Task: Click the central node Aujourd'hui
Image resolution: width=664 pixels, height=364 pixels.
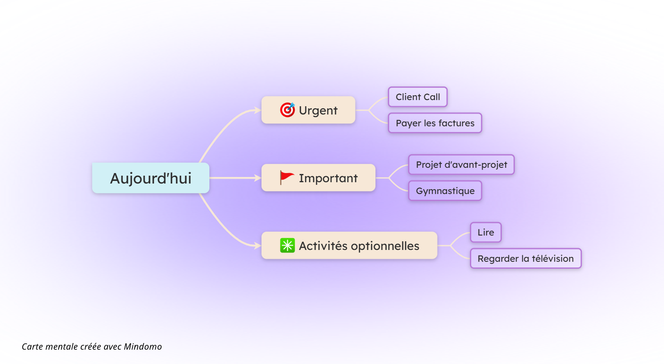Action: [150, 178]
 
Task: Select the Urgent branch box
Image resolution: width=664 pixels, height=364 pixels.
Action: [308, 110]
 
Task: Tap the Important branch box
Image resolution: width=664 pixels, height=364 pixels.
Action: [318, 178]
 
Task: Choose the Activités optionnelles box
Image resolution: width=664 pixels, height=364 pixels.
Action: [349, 246]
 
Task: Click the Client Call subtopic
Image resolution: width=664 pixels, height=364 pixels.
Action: [417, 97]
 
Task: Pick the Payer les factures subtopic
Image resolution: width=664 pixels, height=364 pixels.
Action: [435, 123]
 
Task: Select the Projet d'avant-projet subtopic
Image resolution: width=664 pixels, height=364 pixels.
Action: [461, 165]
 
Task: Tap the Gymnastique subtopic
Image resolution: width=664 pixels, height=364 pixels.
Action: [445, 191]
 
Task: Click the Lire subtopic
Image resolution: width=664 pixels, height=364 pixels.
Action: [486, 232]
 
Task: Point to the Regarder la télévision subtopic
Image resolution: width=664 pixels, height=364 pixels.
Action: [525, 259]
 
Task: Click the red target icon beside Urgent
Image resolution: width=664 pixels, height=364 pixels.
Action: [288, 110]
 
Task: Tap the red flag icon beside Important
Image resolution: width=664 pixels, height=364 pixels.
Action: [287, 177]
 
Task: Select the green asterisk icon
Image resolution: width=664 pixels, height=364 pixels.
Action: [288, 246]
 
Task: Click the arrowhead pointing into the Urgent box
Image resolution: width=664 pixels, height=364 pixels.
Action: [257, 111]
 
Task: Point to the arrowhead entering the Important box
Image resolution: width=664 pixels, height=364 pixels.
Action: [257, 178]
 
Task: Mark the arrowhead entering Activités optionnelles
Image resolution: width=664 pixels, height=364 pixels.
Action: [257, 246]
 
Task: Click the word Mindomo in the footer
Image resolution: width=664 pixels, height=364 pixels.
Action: [143, 347]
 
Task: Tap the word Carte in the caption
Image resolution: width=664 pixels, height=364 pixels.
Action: [32, 347]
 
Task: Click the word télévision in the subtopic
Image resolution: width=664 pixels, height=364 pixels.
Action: [553, 259]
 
